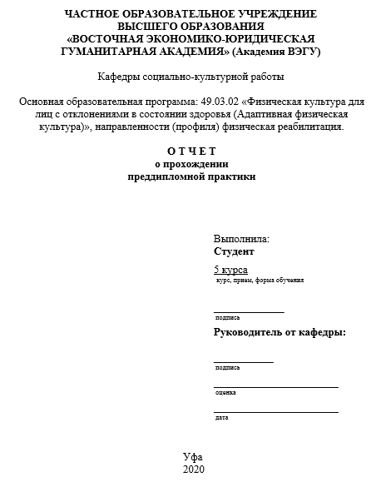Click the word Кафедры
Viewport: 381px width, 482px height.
point(120,77)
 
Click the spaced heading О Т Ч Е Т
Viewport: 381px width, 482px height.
point(191,151)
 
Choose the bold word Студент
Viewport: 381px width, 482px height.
point(234,251)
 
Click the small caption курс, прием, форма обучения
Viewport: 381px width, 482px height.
point(260,281)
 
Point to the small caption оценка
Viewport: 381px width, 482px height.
point(225,392)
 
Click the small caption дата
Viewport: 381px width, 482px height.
point(221,417)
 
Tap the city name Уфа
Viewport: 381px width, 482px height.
point(192,457)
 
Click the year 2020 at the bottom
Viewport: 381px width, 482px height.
point(192,470)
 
